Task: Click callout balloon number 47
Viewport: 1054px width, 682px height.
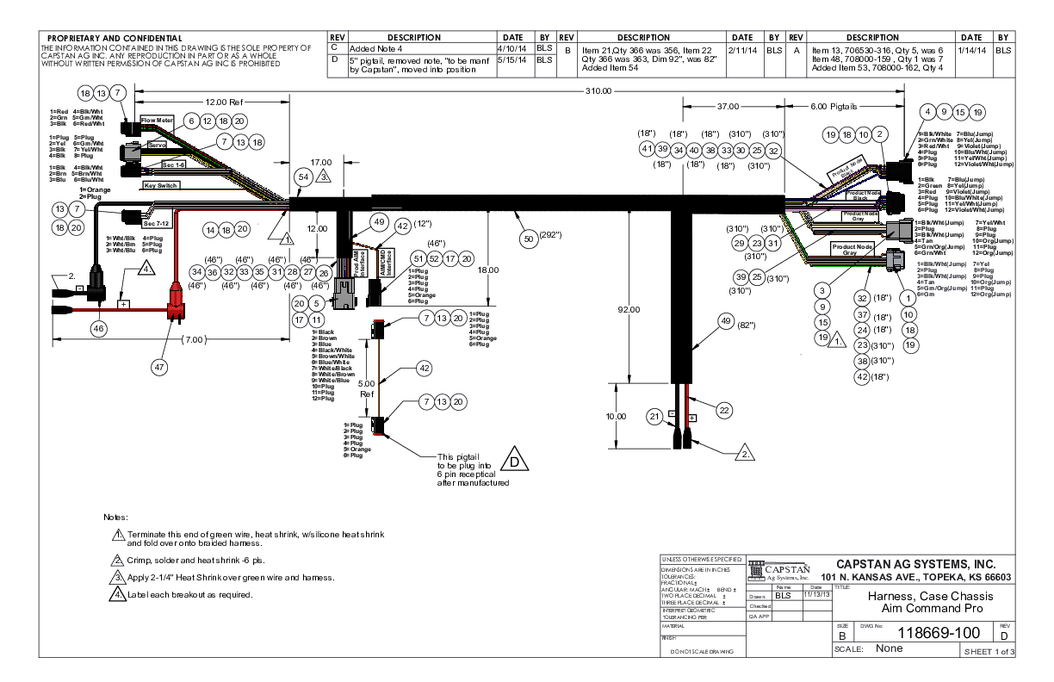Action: (x=158, y=366)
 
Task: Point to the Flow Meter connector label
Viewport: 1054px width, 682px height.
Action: (x=157, y=121)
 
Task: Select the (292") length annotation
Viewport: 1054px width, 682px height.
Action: (x=555, y=239)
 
